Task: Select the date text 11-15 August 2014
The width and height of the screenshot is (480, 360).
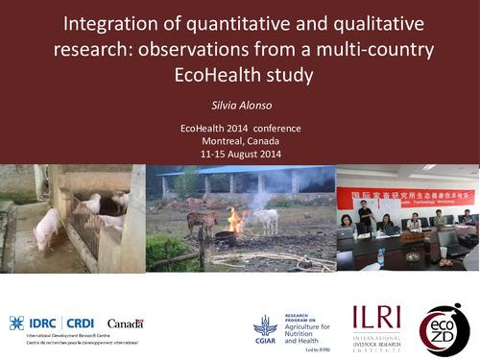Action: coord(239,153)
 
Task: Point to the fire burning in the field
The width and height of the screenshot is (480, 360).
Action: coord(237,221)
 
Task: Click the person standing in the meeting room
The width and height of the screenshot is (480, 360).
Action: coord(365,216)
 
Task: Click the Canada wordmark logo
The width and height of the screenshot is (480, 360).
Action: coord(126,324)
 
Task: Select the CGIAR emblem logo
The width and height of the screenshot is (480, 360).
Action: coord(265,327)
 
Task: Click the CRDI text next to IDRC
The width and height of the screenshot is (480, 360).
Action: coord(80,323)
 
